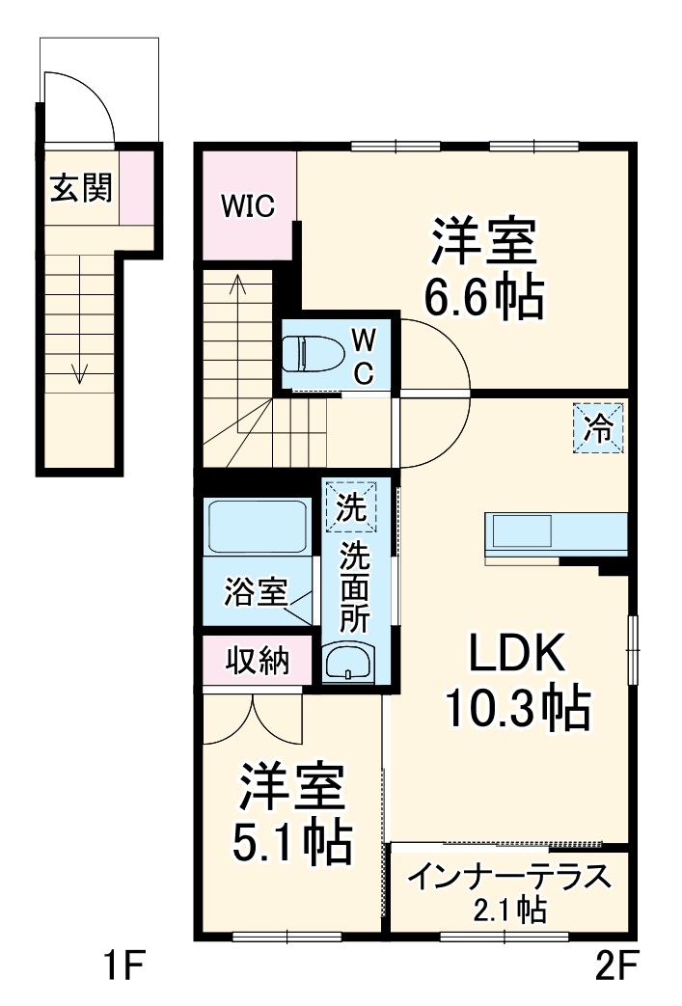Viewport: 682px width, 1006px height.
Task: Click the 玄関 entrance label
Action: coord(81,187)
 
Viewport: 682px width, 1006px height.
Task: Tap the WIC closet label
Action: coord(248,206)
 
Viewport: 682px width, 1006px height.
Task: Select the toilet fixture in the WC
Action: coord(312,354)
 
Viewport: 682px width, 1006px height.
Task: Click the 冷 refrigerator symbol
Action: coord(598,428)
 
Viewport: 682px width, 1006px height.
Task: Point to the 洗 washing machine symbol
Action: coord(351,506)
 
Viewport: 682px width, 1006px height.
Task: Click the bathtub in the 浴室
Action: coord(257,526)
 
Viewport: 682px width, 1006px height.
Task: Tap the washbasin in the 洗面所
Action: coord(347,662)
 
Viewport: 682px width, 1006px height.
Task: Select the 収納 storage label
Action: coord(258,660)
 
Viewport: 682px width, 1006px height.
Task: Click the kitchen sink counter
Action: coord(556,531)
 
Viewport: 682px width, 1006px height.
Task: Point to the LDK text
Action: coord(518,652)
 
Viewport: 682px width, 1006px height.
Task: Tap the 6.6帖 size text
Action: coord(484,296)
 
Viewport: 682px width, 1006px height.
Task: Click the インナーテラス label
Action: coord(509,877)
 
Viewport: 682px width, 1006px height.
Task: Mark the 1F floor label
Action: coord(124,966)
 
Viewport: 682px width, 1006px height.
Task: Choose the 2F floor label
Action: coord(617,966)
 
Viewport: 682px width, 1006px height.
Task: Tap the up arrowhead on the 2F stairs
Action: coord(237,283)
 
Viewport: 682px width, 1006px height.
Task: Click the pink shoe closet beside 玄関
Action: coord(137,187)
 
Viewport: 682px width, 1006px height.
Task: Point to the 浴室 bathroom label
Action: coord(256,591)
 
